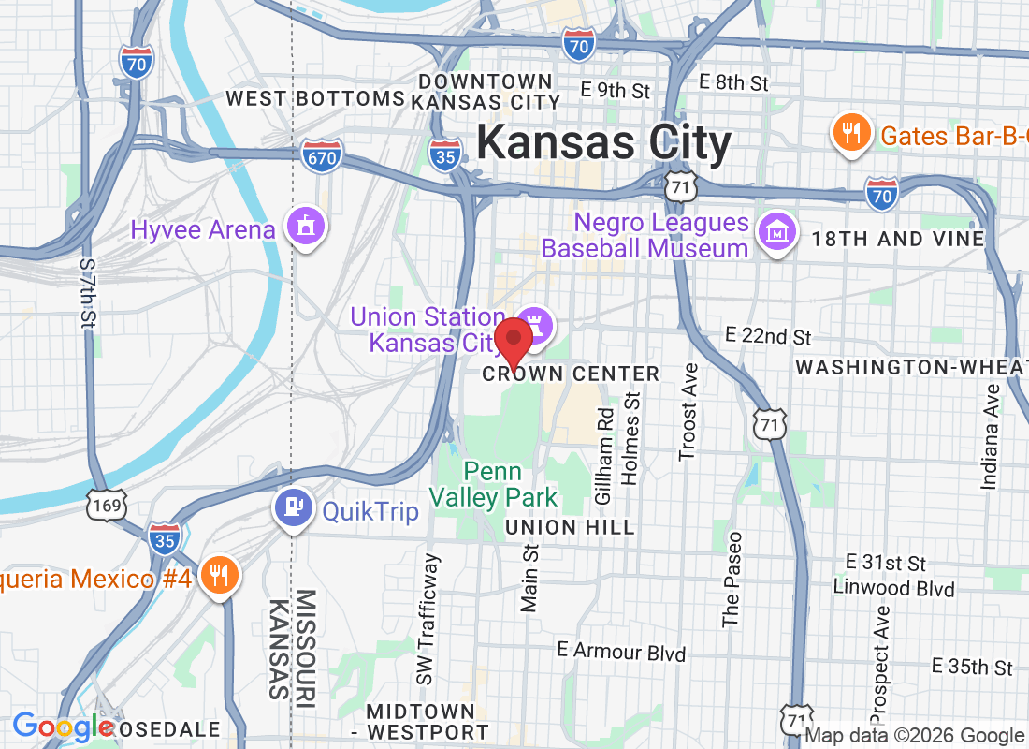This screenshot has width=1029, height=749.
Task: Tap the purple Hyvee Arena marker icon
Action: coord(306,227)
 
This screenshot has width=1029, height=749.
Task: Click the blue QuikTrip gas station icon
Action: coord(294,509)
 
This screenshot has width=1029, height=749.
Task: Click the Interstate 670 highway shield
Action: coord(322,157)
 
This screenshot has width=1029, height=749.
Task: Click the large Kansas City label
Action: coord(603,143)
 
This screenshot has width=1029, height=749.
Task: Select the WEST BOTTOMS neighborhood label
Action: coord(314,98)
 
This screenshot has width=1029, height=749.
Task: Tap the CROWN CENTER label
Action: coord(571,374)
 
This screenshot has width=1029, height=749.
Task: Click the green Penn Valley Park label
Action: coord(494,485)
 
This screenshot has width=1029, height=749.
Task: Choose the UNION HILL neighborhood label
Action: coord(570,528)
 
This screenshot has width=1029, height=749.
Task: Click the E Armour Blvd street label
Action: coord(621,652)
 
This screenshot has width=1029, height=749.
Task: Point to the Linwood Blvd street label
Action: coord(895,589)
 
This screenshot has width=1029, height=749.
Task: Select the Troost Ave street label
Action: coord(688,412)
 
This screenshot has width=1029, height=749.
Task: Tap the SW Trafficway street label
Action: coord(428,619)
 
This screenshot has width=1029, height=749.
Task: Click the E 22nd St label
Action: coord(769,336)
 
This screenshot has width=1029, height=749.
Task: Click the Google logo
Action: coord(64,727)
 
